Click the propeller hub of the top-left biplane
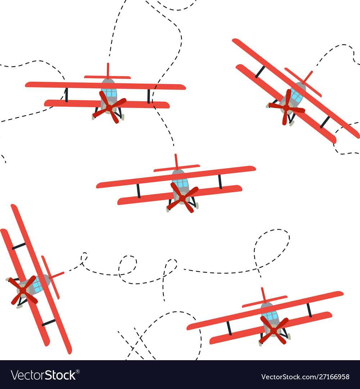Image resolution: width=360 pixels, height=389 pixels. tap(109, 107)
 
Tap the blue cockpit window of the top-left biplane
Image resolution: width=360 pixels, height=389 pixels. tap(109, 93)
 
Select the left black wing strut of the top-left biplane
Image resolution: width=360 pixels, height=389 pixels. tap(66, 95)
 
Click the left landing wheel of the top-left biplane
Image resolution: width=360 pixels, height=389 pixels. tap(94, 117)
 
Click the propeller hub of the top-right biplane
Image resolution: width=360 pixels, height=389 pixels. tap(286, 107)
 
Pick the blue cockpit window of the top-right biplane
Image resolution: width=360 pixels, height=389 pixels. tap(297, 96)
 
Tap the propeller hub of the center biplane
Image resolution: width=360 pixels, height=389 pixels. tap(183, 198)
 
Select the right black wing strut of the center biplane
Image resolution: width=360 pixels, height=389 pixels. tap(220, 182)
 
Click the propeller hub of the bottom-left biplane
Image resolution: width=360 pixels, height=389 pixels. tap(23, 290)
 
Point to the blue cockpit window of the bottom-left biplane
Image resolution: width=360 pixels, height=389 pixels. tap(37, 286)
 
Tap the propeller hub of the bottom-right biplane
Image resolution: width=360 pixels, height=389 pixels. tap(274, 330)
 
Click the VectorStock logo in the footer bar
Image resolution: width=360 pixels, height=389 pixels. tap(43, 375)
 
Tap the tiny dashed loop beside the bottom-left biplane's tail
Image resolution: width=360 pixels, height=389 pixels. tap(84, 257)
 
